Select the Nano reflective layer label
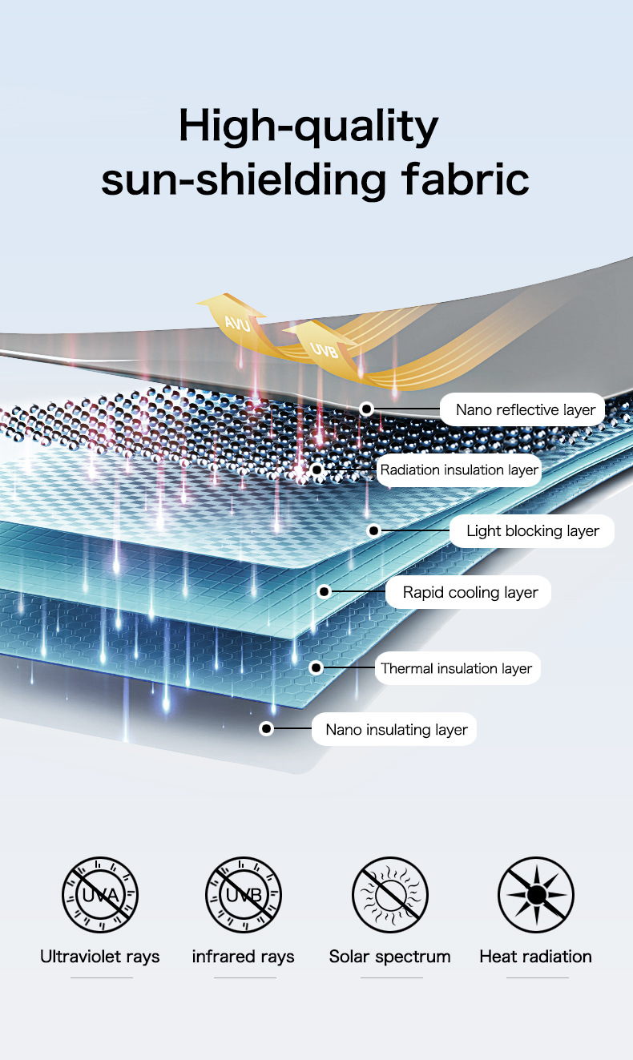(525, 410)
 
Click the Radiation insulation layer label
(458, 470)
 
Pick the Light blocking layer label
(532, 531)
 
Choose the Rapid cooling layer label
(470, 593)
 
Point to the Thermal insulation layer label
(457, 668)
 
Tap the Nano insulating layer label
(396, 730)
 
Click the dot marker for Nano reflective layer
(366, 409)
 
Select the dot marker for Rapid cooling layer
(324, 592)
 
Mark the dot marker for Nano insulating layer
(267, 729)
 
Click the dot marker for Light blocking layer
(373, 530)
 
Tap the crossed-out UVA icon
(100, 894)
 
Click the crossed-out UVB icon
(244, 894)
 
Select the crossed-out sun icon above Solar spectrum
(390, 894)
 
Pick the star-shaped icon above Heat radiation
(535, 894)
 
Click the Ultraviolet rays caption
(100, 957)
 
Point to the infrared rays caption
(244, 957)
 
